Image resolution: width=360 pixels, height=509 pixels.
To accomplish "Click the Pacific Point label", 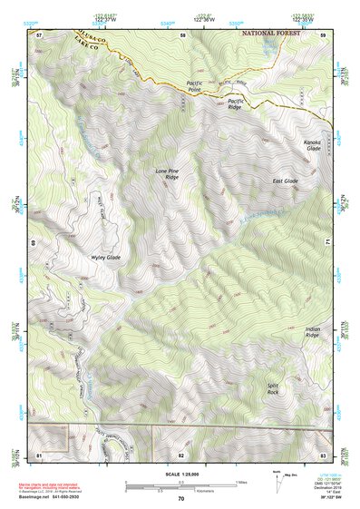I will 187,87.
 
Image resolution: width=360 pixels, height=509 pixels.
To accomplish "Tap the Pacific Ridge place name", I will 236,103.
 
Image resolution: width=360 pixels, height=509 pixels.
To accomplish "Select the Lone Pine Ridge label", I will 166,172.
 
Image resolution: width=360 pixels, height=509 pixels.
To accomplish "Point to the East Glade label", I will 285,181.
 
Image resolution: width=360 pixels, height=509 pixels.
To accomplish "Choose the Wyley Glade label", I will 105,257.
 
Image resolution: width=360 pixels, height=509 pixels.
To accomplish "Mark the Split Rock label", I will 273,387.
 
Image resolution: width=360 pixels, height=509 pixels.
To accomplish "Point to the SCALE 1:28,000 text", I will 180,470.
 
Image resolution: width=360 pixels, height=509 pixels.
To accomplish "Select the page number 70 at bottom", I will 180,498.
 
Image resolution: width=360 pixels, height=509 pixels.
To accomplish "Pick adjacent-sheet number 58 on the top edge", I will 182,34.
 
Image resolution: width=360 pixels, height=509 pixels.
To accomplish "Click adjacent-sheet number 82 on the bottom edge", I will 180,454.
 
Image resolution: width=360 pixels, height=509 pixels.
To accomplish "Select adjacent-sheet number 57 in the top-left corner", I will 39,34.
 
